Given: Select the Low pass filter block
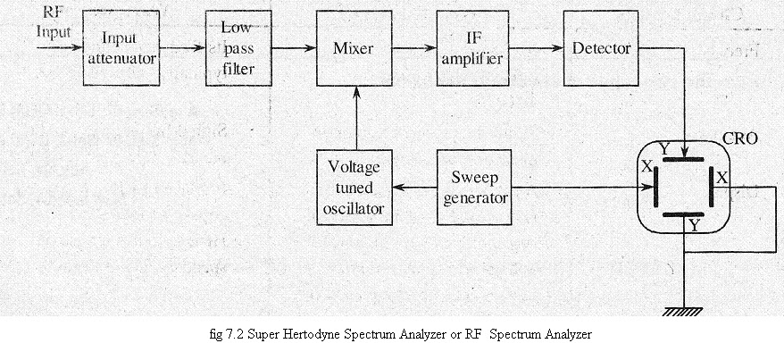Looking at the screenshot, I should click(x=238, y=48).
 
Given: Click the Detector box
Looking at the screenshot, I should click(x=597, y=49).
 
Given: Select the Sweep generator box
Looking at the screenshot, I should click(x=474, y=187).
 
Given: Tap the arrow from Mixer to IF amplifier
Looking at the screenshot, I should click(x=416, y=50).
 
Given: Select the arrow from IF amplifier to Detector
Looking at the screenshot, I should click(x=536, y=50).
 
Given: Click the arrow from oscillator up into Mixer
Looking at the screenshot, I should click(x=357, y=116).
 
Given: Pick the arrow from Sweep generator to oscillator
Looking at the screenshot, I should click(x=416, y=188).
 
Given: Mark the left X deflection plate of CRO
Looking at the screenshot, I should click(x=655, y=188).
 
